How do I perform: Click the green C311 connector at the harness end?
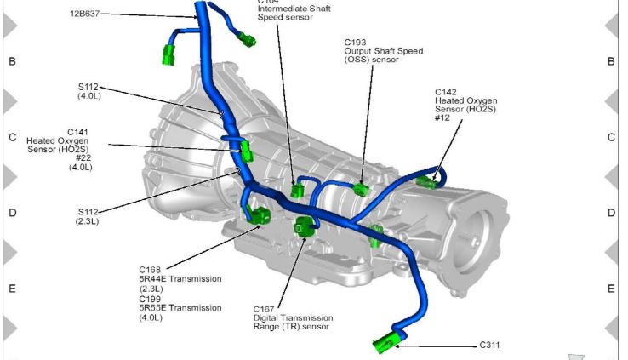pos(387,344)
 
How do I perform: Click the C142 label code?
pos(447,91)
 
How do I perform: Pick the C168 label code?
pos(150,269)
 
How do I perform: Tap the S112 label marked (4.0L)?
pos(88,86)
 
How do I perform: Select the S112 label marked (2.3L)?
pos(88,212)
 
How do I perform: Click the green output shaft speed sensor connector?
pos(361,188)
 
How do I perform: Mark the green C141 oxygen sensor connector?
pos(246,151)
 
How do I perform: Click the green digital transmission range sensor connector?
pos(304,226)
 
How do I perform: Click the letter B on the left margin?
pos(12,61)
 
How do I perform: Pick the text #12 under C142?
pos(442,118)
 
